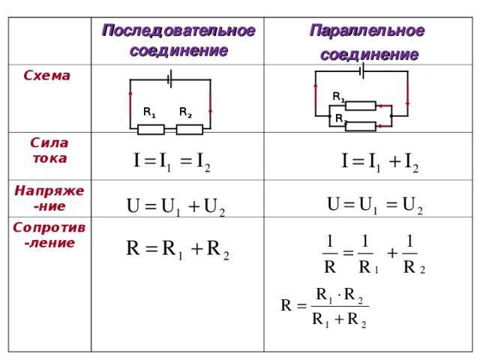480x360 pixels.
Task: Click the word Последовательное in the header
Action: pyautogui.click(x=178, y=31)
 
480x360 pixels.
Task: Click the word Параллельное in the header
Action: pyautogui.click(x=367, y=31)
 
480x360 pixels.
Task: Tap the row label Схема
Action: pyautogui.click(x=46, y=76)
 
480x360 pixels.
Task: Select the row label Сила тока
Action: pyautogui.click(x=49, y=151)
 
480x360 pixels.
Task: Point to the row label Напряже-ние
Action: pyautogui.click(x=49, y=198)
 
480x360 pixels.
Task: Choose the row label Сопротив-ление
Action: pyautogui.click(x=49, y=235)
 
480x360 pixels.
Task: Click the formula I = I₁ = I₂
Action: pyautogui.click(x=172, y=161)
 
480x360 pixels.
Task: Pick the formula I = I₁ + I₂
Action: pyautogui.click(x=380, y=162)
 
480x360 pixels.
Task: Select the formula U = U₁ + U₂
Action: pyautogui.click(x=175, y=207)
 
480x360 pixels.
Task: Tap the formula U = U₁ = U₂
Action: pyautogui.click(x=375, y=205)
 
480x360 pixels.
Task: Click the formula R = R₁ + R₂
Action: pyautogui.click(x=178, y=249)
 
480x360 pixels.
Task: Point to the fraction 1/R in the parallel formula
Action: pyautogui.click(x=330, y=253)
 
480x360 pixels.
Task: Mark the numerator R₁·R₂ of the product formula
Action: pyautogui.click(x=339, y=295)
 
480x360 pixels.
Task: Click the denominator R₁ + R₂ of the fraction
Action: pyautogui.click(x=339, y=320)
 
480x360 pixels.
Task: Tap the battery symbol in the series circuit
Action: pyautogui.click(x=170, y=79)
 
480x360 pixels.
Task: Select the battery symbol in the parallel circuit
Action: pyautogui.click(x=361, y=70)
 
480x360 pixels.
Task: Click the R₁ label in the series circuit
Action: pyautogui.click(x=150, y=112)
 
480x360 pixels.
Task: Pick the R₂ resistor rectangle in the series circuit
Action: pyautogui.click(x=190, y=130)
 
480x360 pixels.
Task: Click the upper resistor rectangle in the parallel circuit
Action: pyautogui.click(x=361, y=106)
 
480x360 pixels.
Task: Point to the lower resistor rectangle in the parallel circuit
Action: pyautogui.click(x=361, y=126)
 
